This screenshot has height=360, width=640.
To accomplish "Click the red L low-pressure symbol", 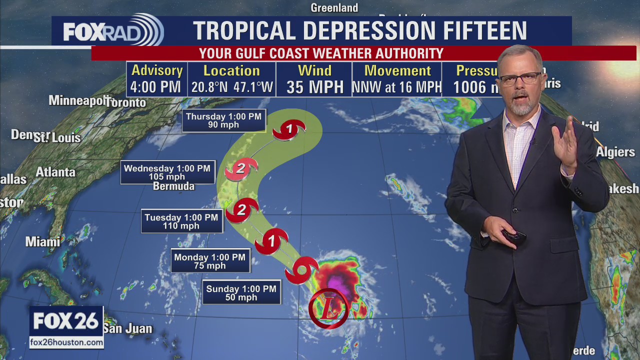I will coord(328,308).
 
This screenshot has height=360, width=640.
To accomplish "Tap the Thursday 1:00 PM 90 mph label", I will coord(223,120).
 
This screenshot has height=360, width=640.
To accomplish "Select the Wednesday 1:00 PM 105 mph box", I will coord(167,172).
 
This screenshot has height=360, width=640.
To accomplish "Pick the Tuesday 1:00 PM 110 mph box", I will coord(181,221).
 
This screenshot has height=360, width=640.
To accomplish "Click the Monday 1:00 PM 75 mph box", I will coord(209,261).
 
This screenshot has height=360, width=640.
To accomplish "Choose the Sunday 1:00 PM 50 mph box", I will coord(241,293).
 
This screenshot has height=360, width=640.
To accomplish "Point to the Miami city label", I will coord(42,242).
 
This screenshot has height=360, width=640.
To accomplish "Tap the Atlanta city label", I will coord(55,172).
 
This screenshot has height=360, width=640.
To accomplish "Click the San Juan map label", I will coord(127,329).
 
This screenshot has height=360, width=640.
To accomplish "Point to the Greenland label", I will coord(334,8).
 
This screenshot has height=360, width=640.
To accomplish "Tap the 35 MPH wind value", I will coord(315,87).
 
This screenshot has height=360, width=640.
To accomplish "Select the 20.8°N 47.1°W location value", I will coord(232,87).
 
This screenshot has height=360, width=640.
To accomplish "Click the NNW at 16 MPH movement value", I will coord(397,87).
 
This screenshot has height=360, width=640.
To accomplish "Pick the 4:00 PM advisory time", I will coord(155,87).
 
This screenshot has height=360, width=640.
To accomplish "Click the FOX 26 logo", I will coord(66,321).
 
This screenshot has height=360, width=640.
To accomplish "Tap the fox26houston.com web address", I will coord(66,342).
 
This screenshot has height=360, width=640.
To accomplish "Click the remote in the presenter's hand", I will coord(514,235).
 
